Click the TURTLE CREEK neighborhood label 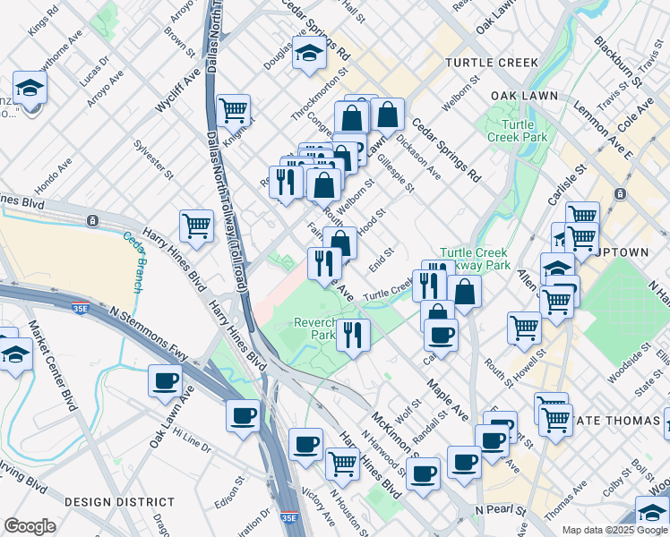coord(492,63)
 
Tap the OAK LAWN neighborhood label coord(524,96)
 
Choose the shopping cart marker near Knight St coord(233,111)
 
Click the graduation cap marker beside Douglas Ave coord(309,53)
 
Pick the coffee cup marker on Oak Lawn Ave coord(166,380)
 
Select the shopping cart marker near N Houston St coord(343,463)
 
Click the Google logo coord(30,526)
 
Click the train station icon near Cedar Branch coord(92,220)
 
